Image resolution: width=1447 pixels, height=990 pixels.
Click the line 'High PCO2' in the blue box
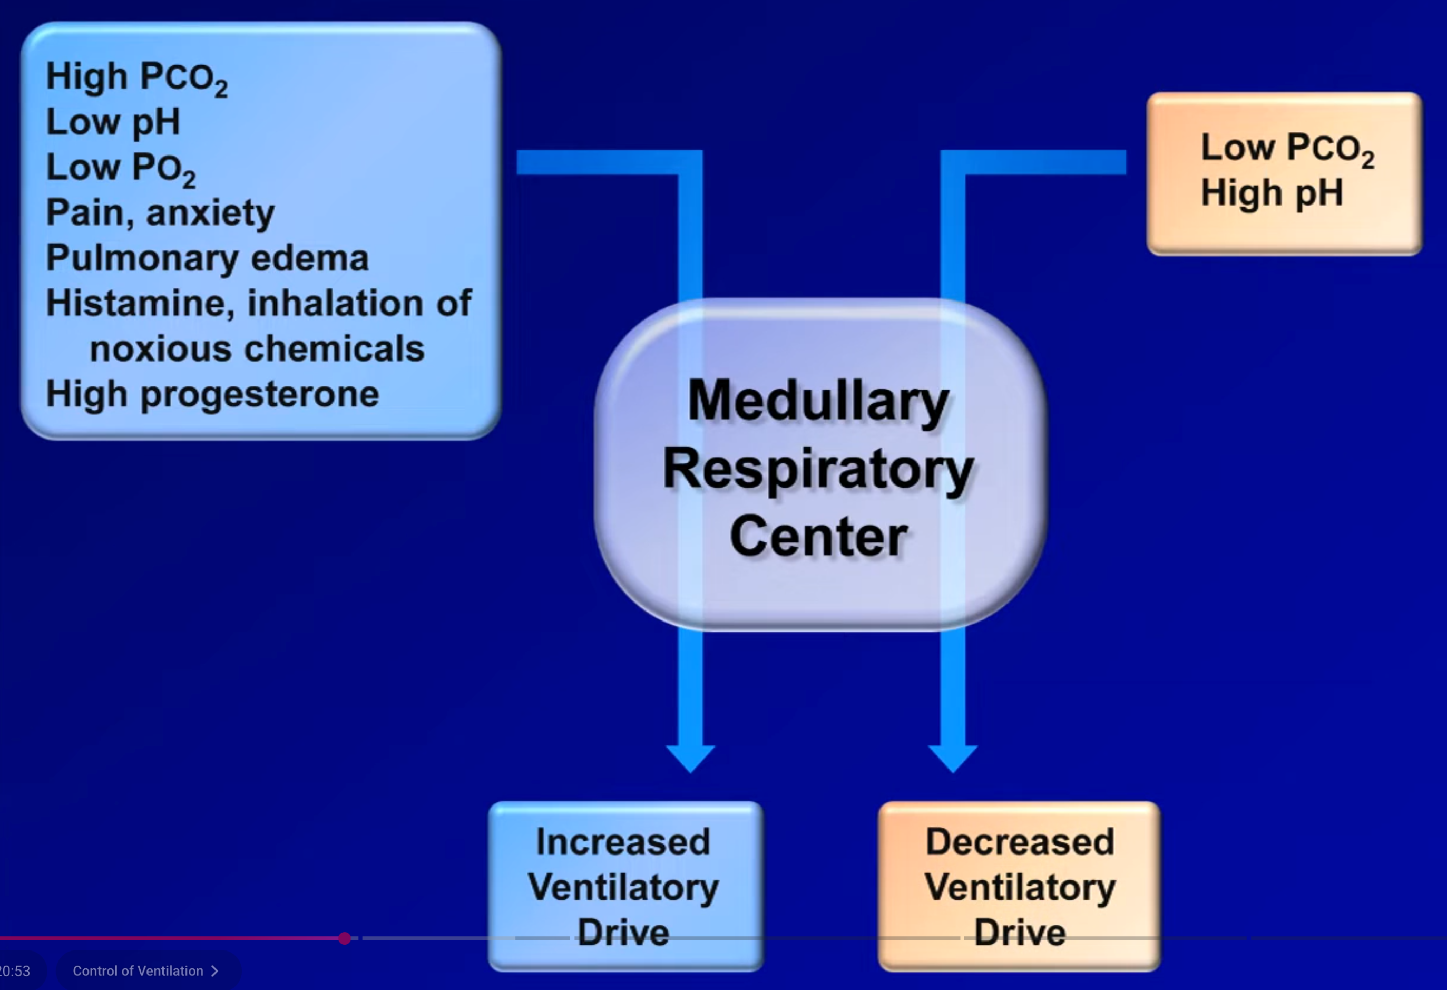pyautogui.click(x=136, y=78)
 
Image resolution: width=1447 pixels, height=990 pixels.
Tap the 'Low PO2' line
pyautogui.click(x=121, y=168)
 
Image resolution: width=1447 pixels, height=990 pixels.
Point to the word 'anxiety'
pyautogui.click(x=210, y=213)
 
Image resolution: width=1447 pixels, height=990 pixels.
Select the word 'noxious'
pyautogui.click(x=161, y=348)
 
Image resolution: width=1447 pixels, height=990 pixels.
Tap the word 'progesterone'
pyautogui.click(x=260, y=395)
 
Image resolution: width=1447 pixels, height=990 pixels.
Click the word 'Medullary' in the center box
pyautogui.click(x=818, y=401)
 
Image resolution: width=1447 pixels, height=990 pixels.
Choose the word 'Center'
pyautogui.click(x=818, y=537)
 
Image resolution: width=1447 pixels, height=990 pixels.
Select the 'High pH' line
pyautogui.click(x=1272, y=192)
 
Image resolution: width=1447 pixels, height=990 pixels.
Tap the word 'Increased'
pyautogui.click(x=623, y=842)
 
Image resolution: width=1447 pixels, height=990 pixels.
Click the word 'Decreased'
pyautogui.click(x=1020, y=842)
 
